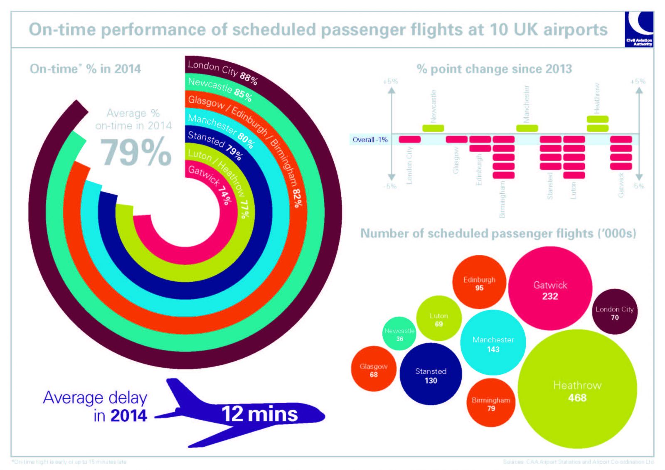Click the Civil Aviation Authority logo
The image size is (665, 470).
pos(639,30)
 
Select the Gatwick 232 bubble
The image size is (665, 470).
pos(550,289)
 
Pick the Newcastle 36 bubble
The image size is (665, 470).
pos(399,334)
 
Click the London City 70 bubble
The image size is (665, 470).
pos(614,312)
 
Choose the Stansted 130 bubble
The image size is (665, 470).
pos(431,374)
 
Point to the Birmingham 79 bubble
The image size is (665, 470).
pos(491,403)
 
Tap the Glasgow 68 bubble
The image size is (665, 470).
pos(373,369)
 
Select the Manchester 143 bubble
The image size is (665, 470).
pos(493,343)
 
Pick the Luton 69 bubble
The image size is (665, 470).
pos(438,319)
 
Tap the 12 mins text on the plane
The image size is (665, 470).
pos(259,414)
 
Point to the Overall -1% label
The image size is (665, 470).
pos(369,140)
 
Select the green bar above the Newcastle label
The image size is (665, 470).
pos(433,128)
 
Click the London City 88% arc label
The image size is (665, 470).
pos(222,71)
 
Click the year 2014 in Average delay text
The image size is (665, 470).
pos(128,416)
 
